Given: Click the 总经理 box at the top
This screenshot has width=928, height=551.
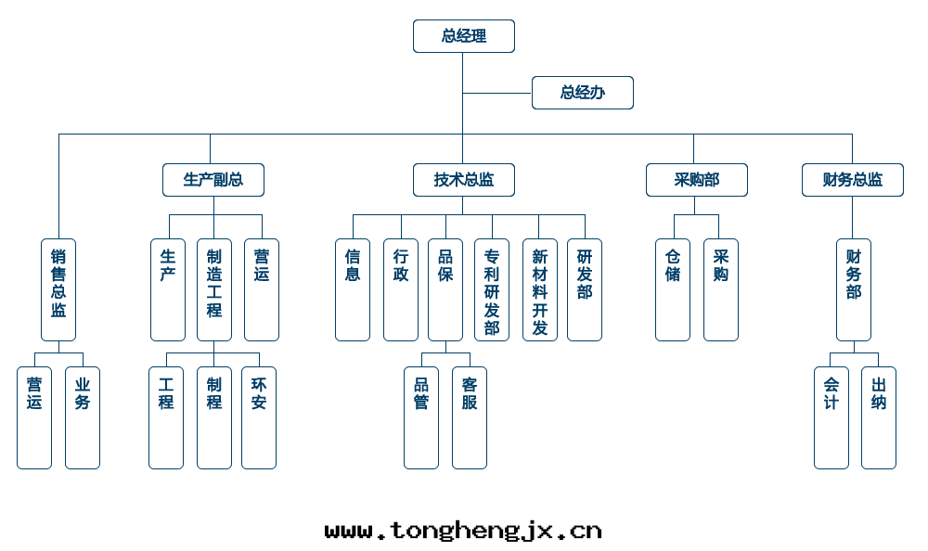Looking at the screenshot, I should tap(463, 36).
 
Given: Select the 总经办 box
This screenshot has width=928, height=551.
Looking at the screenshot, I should tap(582, 93).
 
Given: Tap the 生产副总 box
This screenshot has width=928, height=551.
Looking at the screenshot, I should tap(213, 180).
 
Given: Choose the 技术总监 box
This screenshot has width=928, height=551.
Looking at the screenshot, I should tap(463, 180).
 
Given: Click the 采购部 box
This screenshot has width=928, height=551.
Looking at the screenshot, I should tap(696, 180).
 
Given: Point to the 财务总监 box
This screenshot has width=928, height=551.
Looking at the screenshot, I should tap(852, 180).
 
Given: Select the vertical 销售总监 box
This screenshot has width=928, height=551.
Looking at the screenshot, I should tap(58, 289).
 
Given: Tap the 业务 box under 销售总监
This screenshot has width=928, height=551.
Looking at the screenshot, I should tap(83, 417).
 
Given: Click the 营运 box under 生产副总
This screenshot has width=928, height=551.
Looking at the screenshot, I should tap(262, 289).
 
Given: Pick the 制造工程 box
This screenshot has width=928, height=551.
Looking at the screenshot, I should tap(214, 289).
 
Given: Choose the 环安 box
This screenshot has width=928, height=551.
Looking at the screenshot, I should tap(259, 417).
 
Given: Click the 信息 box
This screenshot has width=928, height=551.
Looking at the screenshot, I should tap(353, 289).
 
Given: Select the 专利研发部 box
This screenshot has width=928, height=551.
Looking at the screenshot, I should tap(492, 289).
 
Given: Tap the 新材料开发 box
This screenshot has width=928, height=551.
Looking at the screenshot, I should tap(540, 289).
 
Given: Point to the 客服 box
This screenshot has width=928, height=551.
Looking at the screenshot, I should tap(470, 417).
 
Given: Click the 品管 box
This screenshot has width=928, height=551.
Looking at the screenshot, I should tap(421, 417).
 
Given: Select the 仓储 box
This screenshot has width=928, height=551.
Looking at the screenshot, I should tap(673, 289).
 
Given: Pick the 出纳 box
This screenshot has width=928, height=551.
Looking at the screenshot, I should tap(879, 417).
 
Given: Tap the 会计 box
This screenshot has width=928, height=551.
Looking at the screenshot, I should tap(831, 417).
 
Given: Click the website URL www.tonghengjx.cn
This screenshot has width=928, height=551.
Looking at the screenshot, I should tap(463, 531).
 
